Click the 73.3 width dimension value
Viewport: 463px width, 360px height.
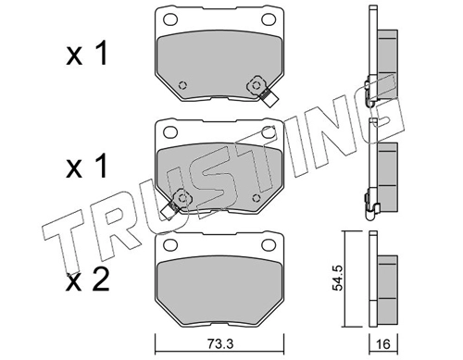219,344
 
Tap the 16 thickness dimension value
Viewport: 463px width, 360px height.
383,344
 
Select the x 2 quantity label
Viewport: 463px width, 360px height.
87,279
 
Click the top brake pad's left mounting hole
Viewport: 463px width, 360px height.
170,19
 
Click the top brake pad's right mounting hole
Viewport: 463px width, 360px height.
269,19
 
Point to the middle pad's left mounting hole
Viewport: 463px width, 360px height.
170,132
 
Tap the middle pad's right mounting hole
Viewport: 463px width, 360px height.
269,132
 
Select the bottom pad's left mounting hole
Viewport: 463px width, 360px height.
170,245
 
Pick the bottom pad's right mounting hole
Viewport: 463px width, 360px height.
269,245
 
